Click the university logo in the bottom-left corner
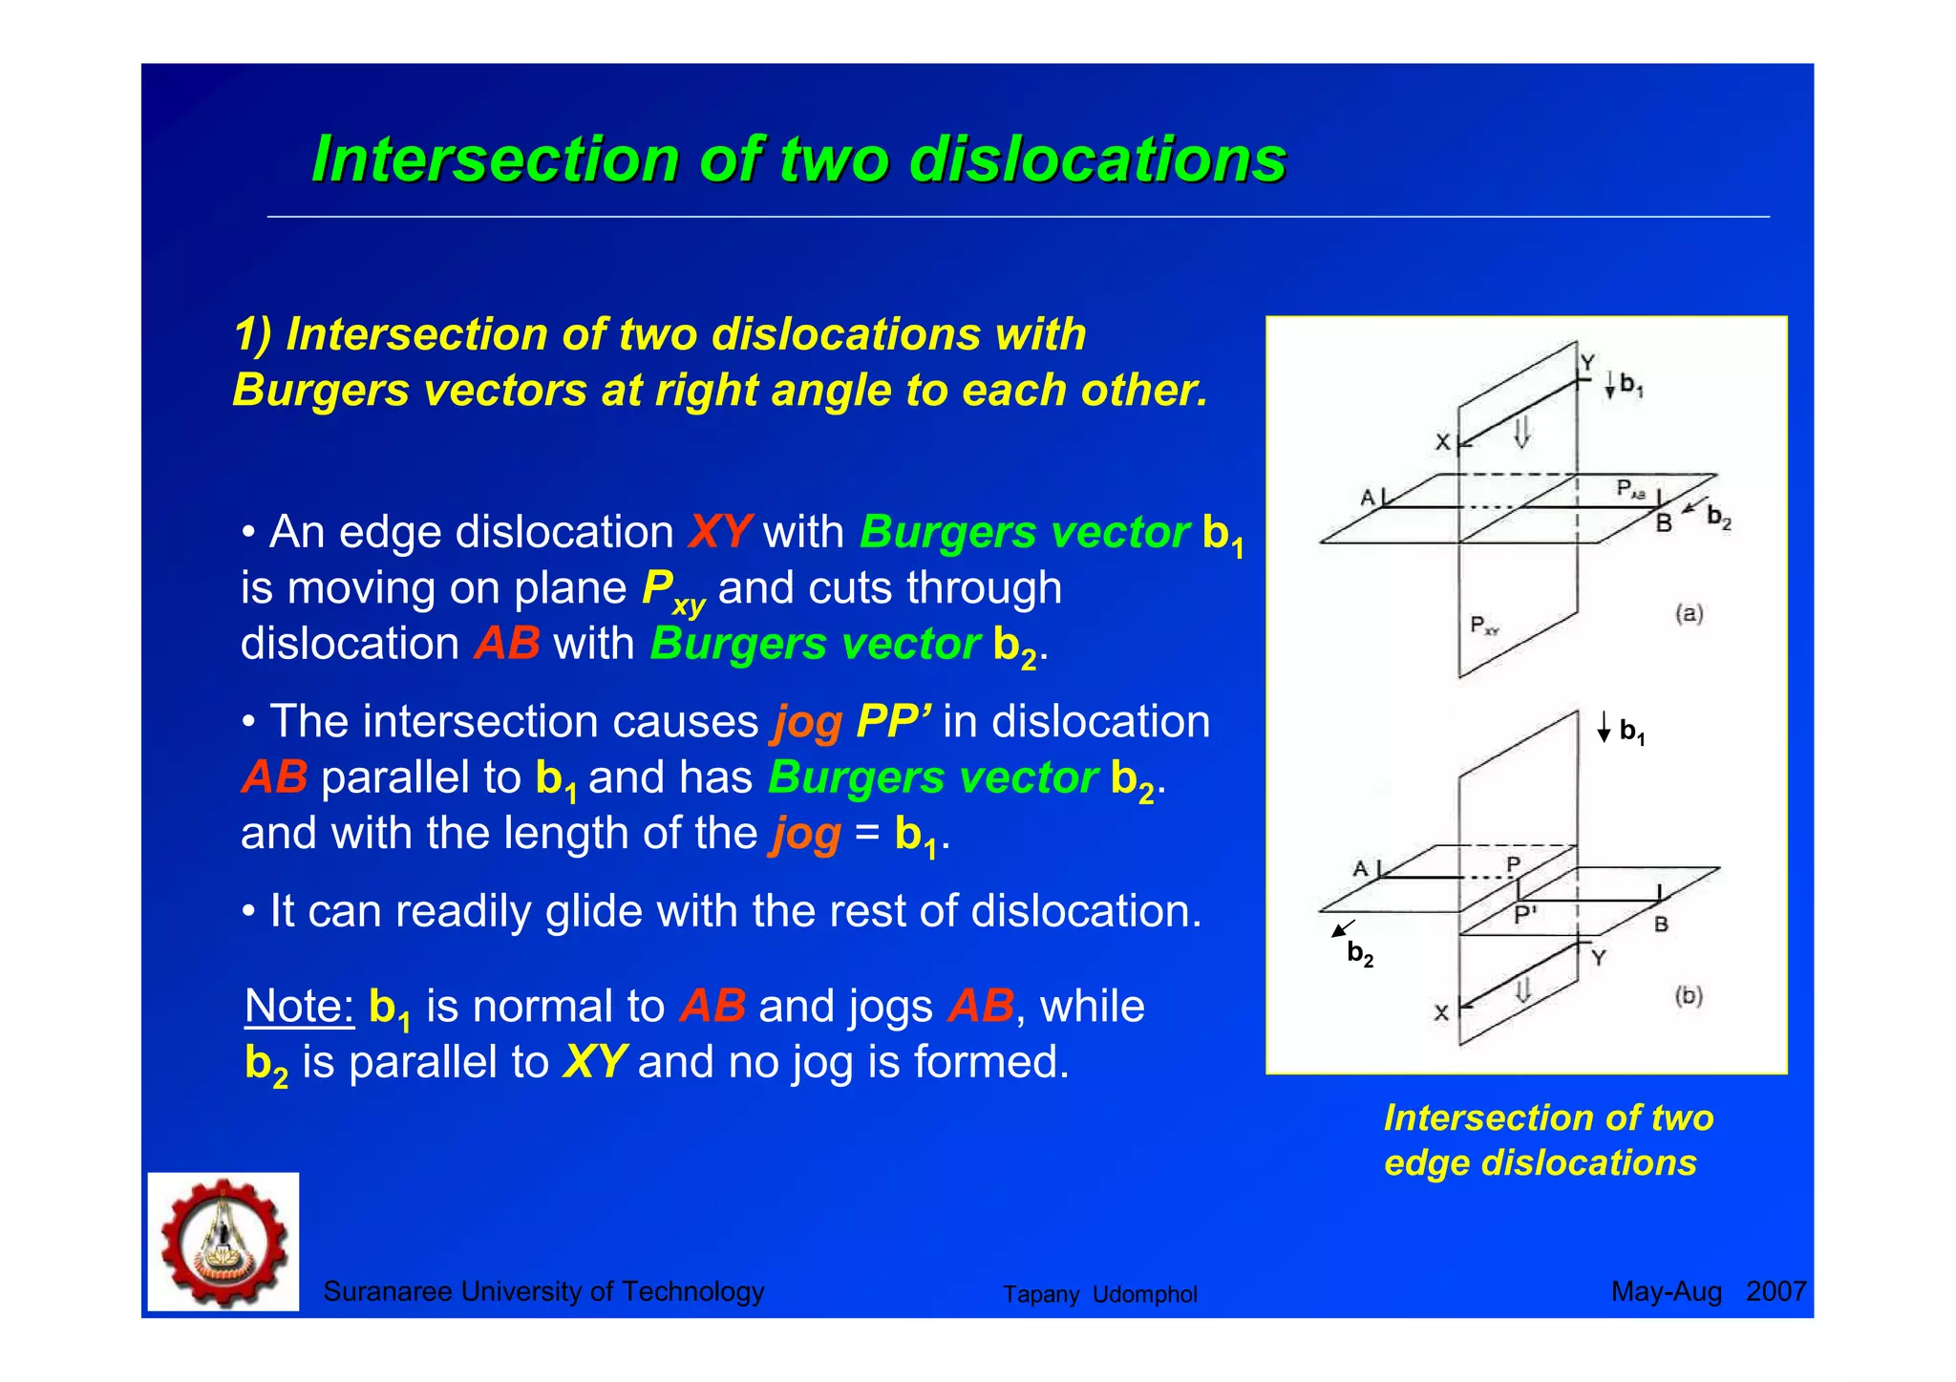(x=223, y=1242)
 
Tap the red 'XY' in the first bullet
(x=719, y=532)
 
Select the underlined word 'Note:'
(x=299, y=1006)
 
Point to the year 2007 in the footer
(x=1775, y=1291)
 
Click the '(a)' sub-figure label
(x=1689, y=613)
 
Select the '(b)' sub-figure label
(x=1689, y=995)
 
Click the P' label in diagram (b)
(x=1525, y=914)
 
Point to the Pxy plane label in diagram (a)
(x=1484, y=626)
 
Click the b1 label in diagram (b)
(x=1631, y=732)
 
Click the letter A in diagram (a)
(x=1368, y=498)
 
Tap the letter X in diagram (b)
(x=1441, y=1012)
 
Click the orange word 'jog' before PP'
(x=807, y=723)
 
